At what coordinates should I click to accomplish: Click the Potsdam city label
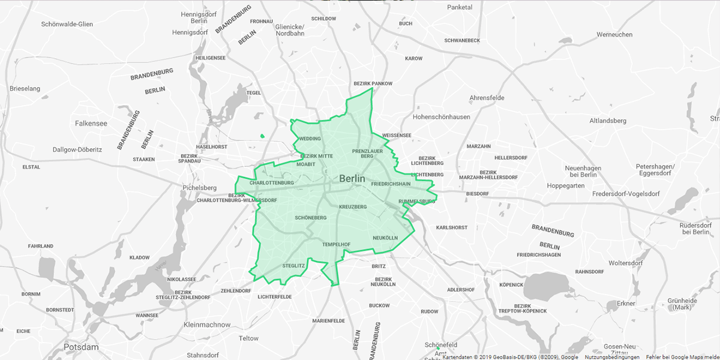coord(81,347)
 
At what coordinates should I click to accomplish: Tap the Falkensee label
coord(91,123)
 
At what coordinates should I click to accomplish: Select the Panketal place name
coord(460,7)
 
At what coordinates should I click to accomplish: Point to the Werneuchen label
coord(614,35)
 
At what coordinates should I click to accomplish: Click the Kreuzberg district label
coord(353,207)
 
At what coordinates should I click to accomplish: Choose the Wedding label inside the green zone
coord(310,139)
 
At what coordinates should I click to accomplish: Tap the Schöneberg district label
coord(311,218)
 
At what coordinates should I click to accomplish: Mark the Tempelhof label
coord(336,245)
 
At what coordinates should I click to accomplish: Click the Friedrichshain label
coord(391,184)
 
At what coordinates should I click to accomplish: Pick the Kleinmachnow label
coord(207,325)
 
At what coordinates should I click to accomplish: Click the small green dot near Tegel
coord(263,136)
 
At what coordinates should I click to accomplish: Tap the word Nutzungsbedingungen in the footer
coord(612,357)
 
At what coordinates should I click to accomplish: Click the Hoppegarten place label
coord(565,186)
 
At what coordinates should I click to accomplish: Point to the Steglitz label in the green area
coord(293,266)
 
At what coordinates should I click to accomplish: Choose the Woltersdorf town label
coord(626,263)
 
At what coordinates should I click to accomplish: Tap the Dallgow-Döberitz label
coord(77,149)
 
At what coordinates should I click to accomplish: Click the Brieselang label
coord(25,89)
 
